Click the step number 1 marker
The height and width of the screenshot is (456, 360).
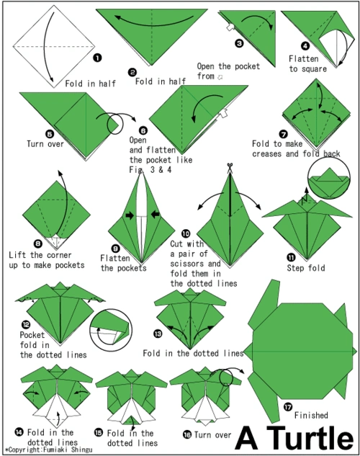97,58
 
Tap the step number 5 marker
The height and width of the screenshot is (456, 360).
50,135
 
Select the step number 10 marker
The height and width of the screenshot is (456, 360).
186,233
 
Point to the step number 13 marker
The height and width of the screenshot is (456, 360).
158,334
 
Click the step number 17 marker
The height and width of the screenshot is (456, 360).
288,407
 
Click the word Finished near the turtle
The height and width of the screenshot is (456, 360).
311,415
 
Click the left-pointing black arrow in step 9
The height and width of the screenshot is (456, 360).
156,215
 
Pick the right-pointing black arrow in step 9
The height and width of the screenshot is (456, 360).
130,215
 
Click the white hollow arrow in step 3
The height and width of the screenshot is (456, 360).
230,27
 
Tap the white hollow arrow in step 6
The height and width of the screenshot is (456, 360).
223,113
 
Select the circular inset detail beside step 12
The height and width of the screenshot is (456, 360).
111,331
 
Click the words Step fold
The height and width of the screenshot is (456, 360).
306,267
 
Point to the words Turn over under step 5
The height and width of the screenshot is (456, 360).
45,143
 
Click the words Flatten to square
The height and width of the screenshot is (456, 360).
307,64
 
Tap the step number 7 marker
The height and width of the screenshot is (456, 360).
283,135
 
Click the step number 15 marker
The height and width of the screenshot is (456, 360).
99,432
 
